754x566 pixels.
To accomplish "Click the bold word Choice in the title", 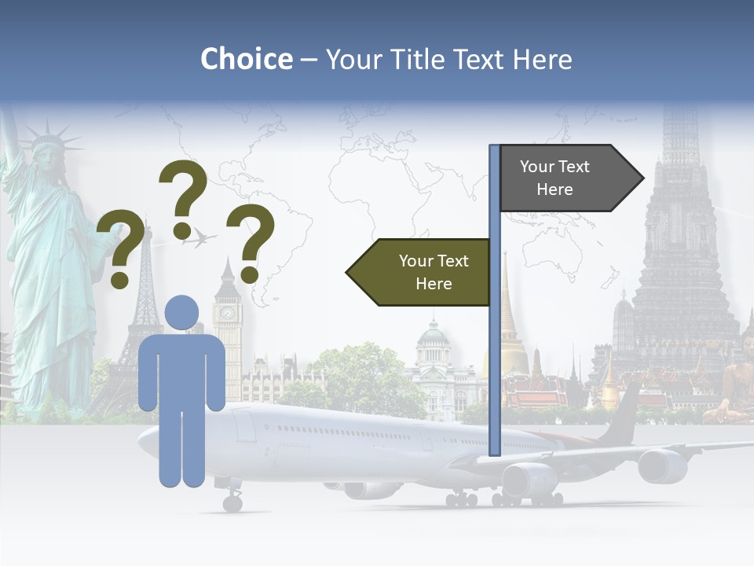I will click(246, 59).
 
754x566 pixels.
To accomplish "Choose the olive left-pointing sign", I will click(420, 272).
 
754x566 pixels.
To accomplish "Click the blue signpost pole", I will click(494, 354).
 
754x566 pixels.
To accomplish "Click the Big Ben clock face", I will click(227, 313).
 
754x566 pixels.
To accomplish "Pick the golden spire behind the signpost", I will click(509, 314).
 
